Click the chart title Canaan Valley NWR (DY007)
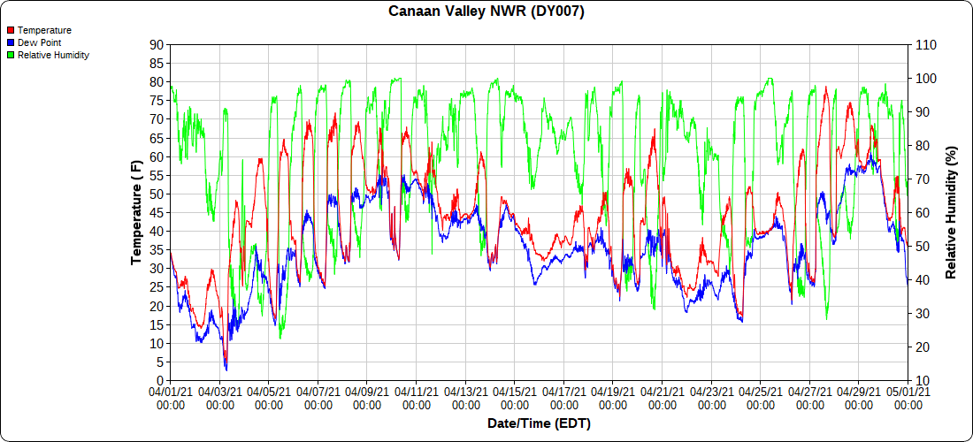[486, 11]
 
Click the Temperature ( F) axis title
[136, 212]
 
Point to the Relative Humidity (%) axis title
[952, 212]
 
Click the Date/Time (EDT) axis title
[539, 423]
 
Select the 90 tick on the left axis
[156, 44]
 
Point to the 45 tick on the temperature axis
[156, 212]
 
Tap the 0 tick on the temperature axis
[159, 380]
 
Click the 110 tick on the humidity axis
[925, 44]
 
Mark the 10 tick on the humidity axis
[923, 380]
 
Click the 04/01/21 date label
[170, 396]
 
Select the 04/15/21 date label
[515, 396]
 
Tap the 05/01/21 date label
[908, 396]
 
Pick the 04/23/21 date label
[711, 396]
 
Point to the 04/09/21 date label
[367, 396]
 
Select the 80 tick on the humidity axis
[923, 145]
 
